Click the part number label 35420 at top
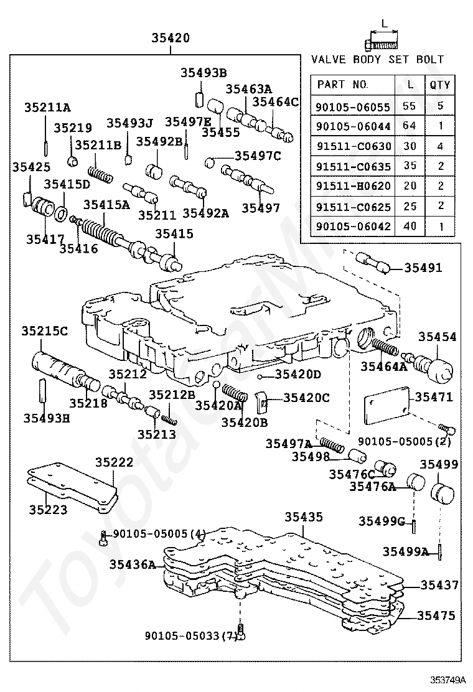[x=171, y=39]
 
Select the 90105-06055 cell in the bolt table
[x=354, y=106]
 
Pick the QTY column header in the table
[x=440, y=85]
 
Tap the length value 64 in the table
[x=409, y=126]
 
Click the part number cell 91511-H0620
[x=354, y=186]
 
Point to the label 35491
[x=423, y=268]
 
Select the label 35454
[x=437, y=337]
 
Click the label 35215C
[x=45, y=330]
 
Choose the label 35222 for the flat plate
[x=114, y=462]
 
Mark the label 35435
[x=304, y=517]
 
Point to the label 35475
[x=436, y=616]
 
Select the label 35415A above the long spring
[x=106, y=204]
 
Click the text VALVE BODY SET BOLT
[x=377, y=59]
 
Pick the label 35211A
[x=47, y=107]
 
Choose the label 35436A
[x=133, y=564]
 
